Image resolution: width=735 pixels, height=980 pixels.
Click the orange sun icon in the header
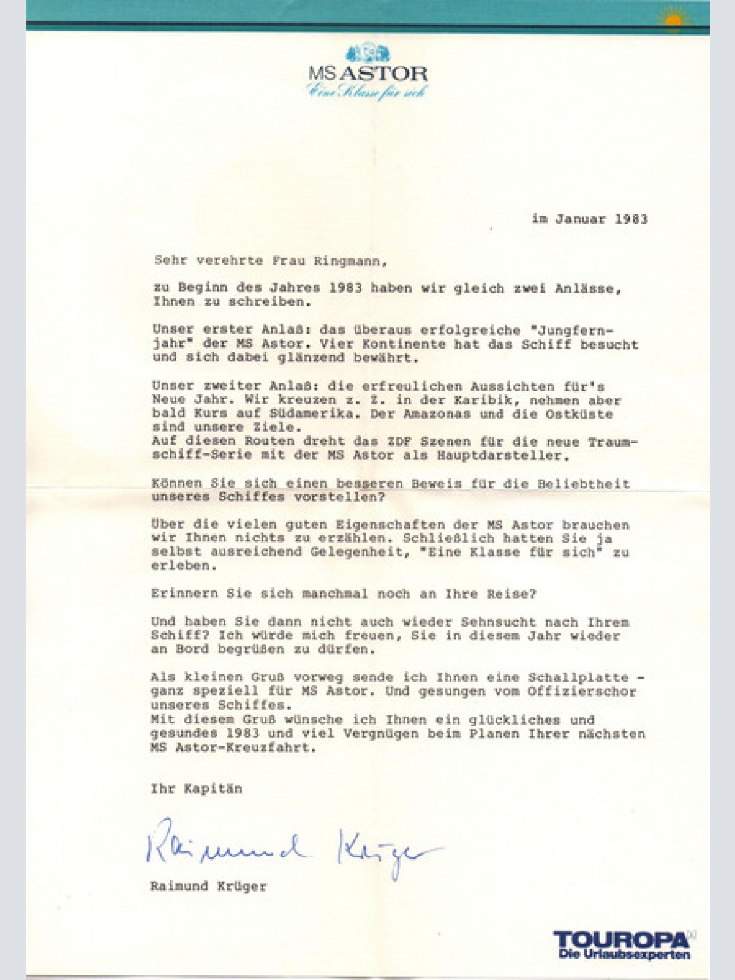click(x=673, y=21)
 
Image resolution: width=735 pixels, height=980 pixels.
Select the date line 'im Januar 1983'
click(x=589, y=219)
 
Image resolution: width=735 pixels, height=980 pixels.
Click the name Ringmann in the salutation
click(x=350, y=261)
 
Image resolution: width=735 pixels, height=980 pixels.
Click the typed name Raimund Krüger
click(x=208, y=886)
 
